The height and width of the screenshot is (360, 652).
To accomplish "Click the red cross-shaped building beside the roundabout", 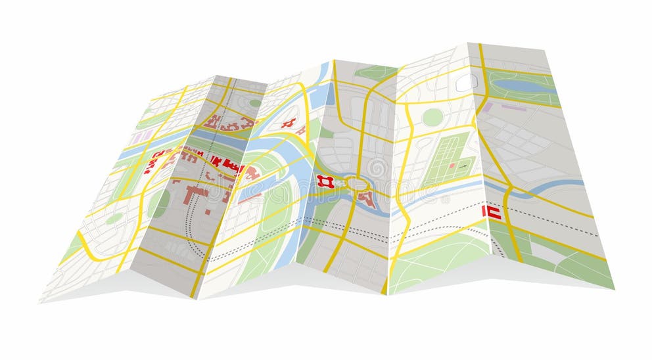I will click(x=324, y=181).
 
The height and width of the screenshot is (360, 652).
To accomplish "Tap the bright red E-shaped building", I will click(x=492, y=212).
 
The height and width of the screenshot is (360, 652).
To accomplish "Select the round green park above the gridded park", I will click(x=432, y=117).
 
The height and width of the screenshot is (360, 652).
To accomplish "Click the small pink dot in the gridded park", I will click(x=452, y=166).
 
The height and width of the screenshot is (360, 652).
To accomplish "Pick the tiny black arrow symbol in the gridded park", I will click(x=463, y=166).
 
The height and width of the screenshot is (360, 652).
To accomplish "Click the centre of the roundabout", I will click(x=359, y=183).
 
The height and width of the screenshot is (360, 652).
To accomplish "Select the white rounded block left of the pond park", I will click(x=466, y=82).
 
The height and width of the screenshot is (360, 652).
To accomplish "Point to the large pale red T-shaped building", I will click(x=196, y=194).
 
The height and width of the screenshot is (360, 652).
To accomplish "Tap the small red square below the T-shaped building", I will click(x=208, y=212).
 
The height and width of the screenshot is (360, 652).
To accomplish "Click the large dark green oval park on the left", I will click(x=158, y=204).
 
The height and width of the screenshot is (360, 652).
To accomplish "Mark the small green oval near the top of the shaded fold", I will click(x=254, y=103).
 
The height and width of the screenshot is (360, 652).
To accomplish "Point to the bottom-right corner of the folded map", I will click(x=614, y=288).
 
